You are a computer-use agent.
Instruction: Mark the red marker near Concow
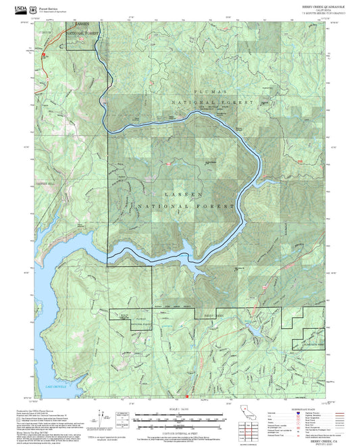(x=43, y=55)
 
